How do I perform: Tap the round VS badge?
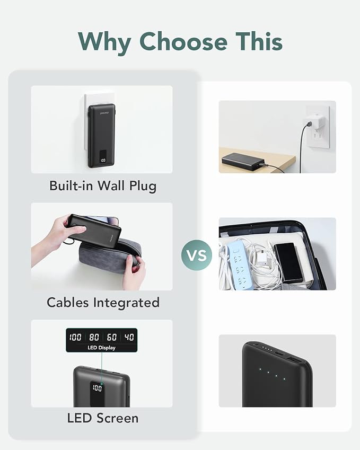pos(197,255)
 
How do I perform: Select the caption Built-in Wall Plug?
pos(102,186)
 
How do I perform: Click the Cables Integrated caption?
pos(103,303)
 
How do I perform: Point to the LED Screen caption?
pos(103,418)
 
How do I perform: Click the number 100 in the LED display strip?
pos(75,337)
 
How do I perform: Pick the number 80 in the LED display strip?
pos(94,337)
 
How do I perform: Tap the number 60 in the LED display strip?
pos(112,337)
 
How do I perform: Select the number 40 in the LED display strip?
pos(129,337)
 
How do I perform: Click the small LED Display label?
pos(101,348)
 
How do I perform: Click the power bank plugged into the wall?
pos(101,136)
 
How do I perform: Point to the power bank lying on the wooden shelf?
pos(242,161)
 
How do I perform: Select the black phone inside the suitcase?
pos(288,262)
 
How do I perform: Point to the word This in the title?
pos(255,41)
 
